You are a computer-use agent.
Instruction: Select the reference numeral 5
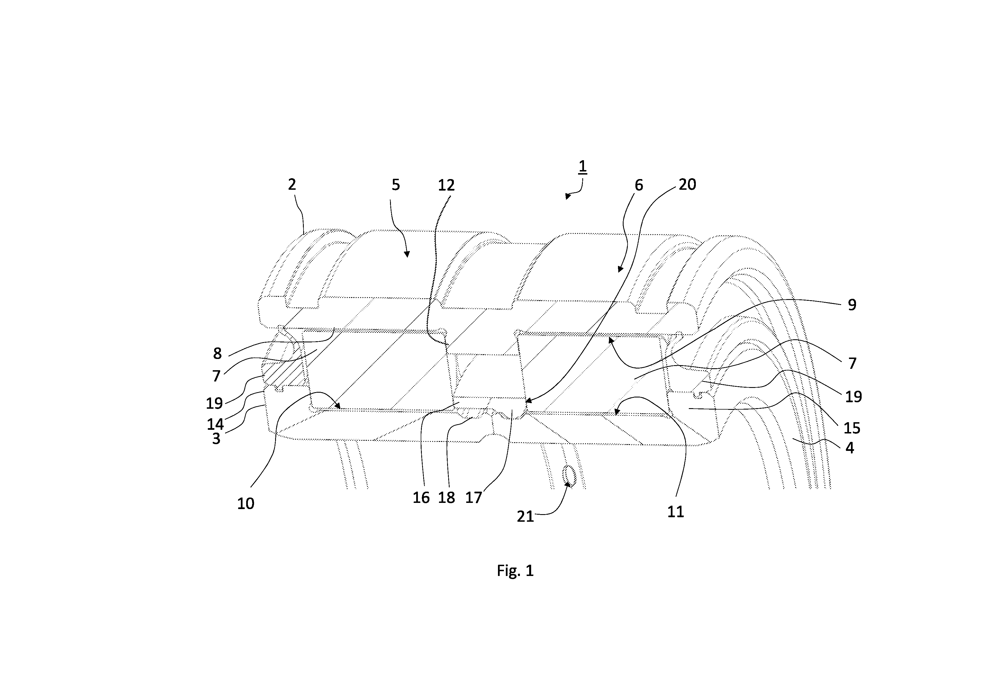click(x=395, y=185)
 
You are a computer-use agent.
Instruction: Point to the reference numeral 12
click(x=446, y=185)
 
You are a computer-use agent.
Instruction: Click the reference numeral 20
click(x=687, y=184)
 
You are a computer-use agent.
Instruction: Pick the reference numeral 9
click(x=852, y=305)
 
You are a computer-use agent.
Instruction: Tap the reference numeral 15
click(x=852, y=428)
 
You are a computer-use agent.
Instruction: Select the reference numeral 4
click(x=850, y=448)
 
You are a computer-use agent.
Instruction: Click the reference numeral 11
click(x=675, y=512)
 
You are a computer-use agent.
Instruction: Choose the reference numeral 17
click(x=474, y=498)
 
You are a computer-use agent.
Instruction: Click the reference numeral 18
click(x=446, y=498)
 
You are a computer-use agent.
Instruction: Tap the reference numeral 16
click(x=421, y=498)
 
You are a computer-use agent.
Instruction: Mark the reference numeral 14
click(x=215, y=424)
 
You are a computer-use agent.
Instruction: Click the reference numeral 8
click(x=217, y=354)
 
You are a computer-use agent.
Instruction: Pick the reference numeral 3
click(x=216, y=439)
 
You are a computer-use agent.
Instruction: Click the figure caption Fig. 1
click(x=515, y=571)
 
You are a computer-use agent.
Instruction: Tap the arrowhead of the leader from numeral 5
click(x=407, y=255)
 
